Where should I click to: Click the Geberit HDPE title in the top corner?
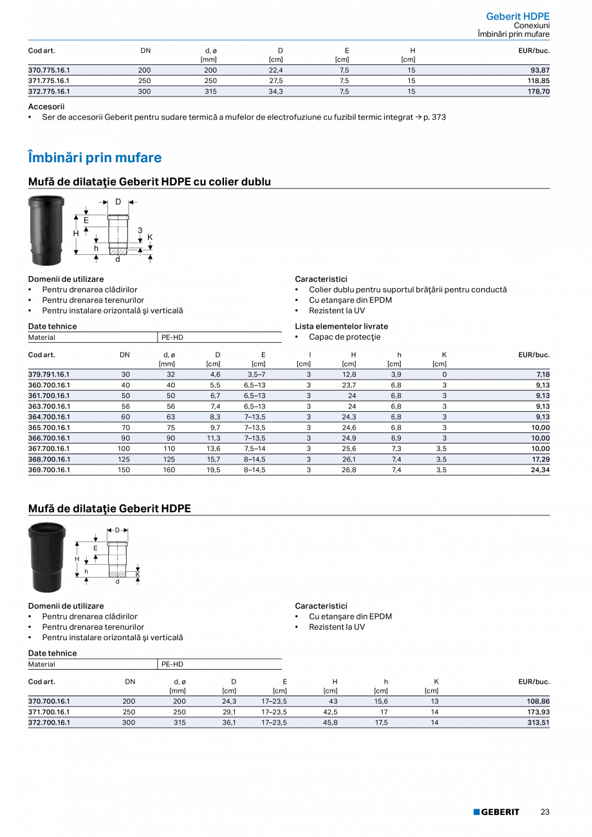[x=517, y=16]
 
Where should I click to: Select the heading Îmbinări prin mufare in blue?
[x=95, y=158]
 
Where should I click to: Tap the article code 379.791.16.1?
[x=49, y=374]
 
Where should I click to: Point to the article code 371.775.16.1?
[x=49, y=81]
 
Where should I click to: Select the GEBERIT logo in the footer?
[x=496, y=812]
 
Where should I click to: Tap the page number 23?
[x=544, y=812]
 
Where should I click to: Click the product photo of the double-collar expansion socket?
[x=46, y=230]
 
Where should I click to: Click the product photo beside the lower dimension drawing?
[x=47, y=557]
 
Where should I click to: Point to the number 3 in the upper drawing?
[x=140, y=230]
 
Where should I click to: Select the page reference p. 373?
[x=434, y=117]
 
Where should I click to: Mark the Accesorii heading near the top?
[x=46, y=107]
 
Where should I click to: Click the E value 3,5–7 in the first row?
[x=256, y=374]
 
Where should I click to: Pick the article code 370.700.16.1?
[x=49, y=701]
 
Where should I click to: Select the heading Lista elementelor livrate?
[x=341, y=326]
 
